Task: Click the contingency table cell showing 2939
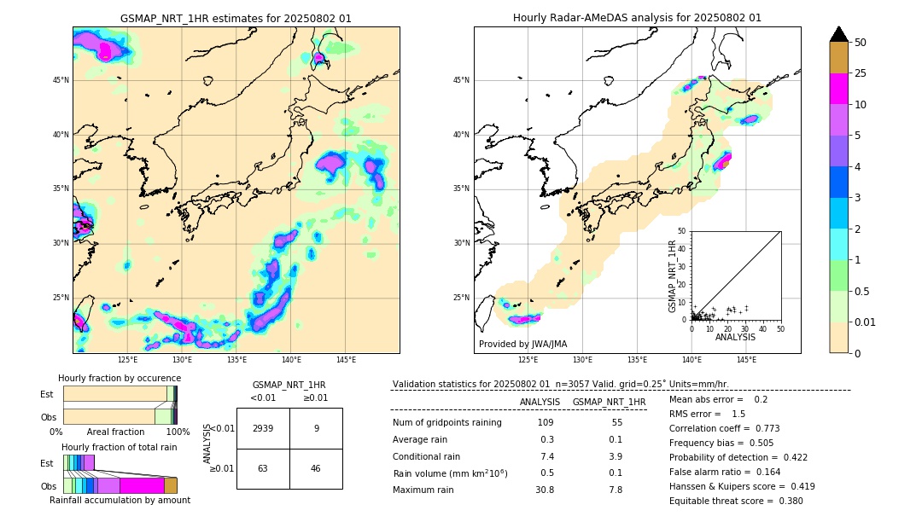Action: (x=263, y=429)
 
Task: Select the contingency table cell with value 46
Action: (x=316, y=468)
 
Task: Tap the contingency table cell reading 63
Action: (x=263, y=468)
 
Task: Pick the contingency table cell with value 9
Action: (x=316, y=429)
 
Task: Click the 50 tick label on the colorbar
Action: (x=861, y=43)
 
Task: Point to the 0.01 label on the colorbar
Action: (x=866, y=322)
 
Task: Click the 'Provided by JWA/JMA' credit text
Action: (x=522, y=345)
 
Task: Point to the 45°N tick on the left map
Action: (x=61, y=80)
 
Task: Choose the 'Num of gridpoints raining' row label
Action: (x=447, y=423)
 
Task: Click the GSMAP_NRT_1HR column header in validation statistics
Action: (x=609, y=402)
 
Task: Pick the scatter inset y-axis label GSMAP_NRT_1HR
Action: (x=672, y=275)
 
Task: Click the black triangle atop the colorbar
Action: (x=839, y=34)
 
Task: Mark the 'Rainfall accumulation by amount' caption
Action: (x=120, y=501)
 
